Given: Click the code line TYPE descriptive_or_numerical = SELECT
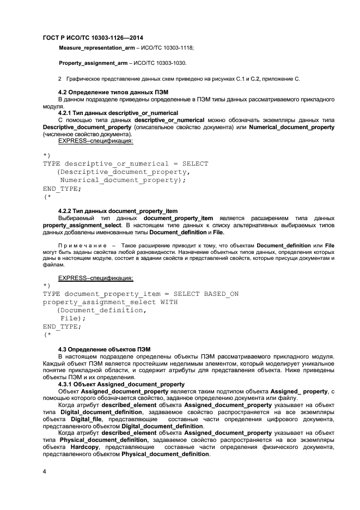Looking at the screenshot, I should point(125,163).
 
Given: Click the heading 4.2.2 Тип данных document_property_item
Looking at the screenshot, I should point(118,211).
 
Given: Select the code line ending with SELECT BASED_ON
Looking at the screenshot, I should point(141,293).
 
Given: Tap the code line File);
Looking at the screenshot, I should point(74,318).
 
